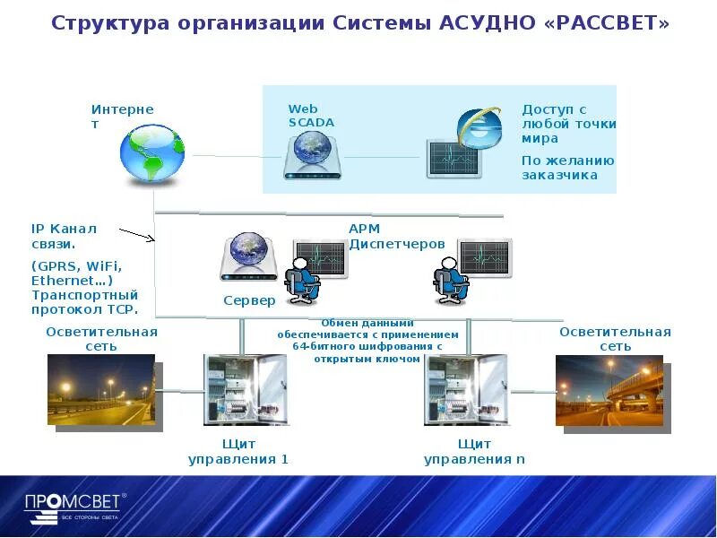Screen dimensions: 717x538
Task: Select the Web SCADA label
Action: click(x=311, y=116)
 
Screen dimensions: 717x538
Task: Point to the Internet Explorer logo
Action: click(x=479, y=127)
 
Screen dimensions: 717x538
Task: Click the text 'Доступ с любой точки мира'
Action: click(x=569, y=124)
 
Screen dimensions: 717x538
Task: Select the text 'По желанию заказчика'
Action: click(x=568, y=168)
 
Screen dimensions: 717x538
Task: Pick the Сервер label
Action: click(x=249, y=300)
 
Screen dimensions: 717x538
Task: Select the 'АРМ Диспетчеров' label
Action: click(x=396, y=236)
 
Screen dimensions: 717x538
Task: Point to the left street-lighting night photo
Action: click(x=100, y=390)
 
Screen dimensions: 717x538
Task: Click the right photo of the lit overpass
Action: click(x=609, y=390)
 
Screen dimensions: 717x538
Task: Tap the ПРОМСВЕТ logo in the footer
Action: click(x=75, y=507)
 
